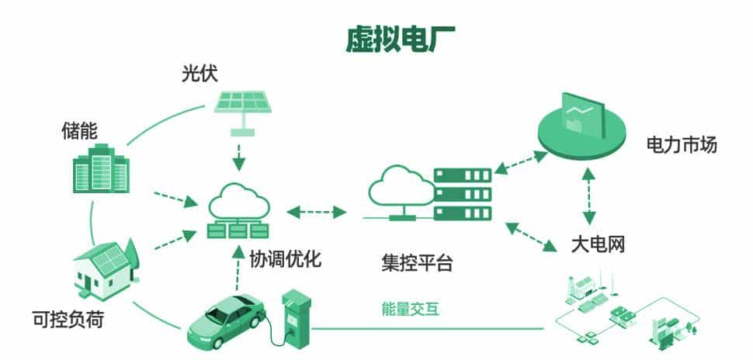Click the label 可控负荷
(x=68, y=318)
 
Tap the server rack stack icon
(x=462, y=192)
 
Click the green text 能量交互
(x=411, y=308)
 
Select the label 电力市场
(x=681, y=144)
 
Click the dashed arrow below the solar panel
(x=240, y=154)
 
